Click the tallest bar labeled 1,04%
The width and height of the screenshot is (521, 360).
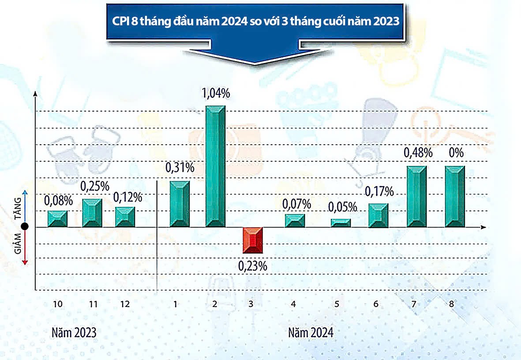215,167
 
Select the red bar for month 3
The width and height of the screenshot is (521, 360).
253,240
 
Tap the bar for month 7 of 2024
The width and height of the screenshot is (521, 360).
416,197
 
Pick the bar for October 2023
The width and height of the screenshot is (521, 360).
57,219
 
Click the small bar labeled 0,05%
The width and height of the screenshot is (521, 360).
341,223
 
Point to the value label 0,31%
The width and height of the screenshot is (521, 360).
180,168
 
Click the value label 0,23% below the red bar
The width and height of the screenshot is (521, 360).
253,266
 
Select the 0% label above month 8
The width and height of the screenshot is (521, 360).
456,153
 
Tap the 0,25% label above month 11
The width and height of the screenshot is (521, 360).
95,186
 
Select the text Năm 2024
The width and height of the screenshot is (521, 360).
311,332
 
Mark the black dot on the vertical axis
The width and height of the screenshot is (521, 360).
25,227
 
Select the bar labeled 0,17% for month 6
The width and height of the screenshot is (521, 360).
378,215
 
